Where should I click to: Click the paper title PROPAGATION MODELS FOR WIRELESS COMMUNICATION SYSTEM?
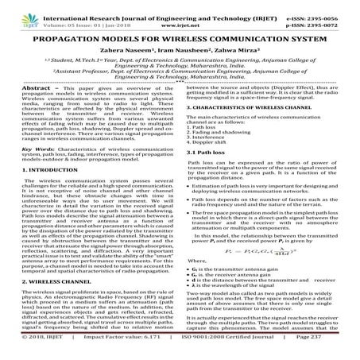(179, 37)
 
